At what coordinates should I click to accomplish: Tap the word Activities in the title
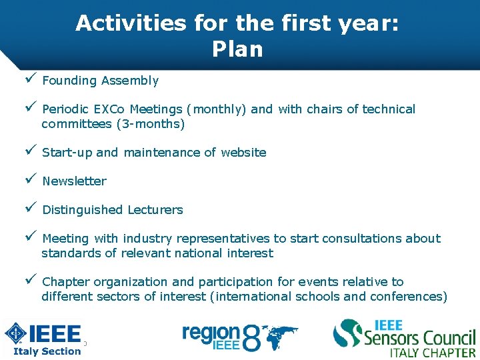pyautogui.click(x=131, y=23)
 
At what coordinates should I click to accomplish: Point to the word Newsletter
pyautogui.click(x=74, y=181)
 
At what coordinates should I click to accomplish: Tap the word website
pyautogui.click(x=243, y=153)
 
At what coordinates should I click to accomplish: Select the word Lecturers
pyautogui.click(x=156, y=210)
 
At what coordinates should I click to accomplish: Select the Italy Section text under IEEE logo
pyautogui.click(x=47, y=351)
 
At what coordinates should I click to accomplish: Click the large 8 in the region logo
pyautogui.click(x=251, y=338)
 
